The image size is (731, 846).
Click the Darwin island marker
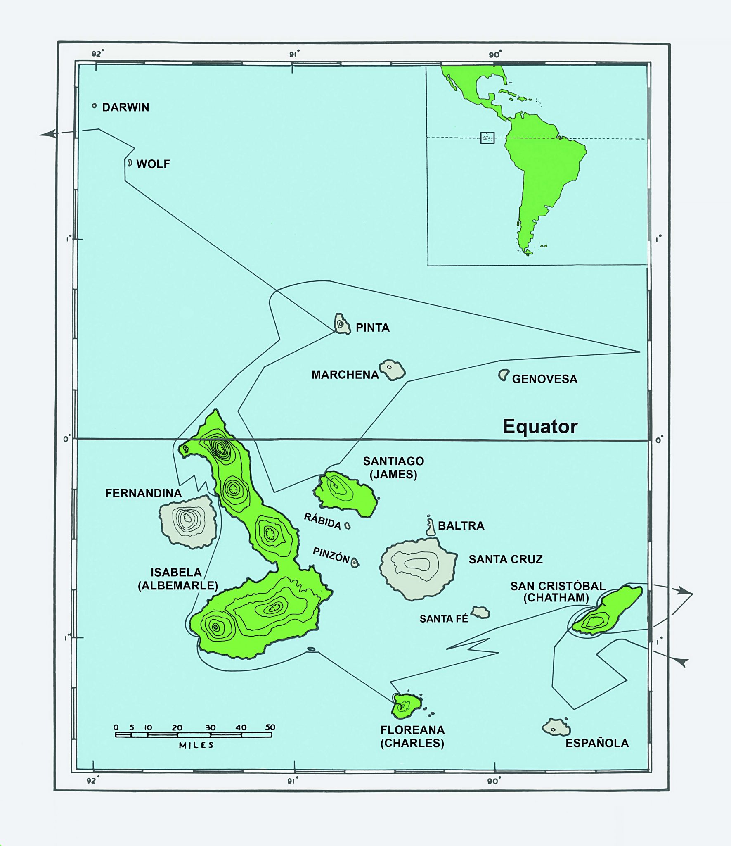coord(94,106)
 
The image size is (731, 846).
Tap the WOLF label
coord(153,164)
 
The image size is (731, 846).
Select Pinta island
coord(341,323)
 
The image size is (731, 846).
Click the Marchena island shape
coord(393,370)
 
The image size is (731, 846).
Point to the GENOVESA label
coord(544,379)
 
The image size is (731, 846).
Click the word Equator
coord(539,426)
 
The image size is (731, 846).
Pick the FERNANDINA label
coord(143,493)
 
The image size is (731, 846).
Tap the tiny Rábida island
coord(348,525)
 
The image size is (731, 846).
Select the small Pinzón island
coord(355,562)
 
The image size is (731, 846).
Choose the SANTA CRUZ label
coord(505,559)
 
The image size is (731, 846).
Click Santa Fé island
coord(481,612)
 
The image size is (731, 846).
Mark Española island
coord(556,727)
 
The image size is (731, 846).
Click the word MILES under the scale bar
coord(196,745)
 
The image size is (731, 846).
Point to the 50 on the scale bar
coord(270,727)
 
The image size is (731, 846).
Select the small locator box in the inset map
coord(487,138)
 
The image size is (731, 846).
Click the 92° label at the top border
coord(97,54)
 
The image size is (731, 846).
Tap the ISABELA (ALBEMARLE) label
coord(177,579)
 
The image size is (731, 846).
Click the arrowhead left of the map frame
coord(49,134)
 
